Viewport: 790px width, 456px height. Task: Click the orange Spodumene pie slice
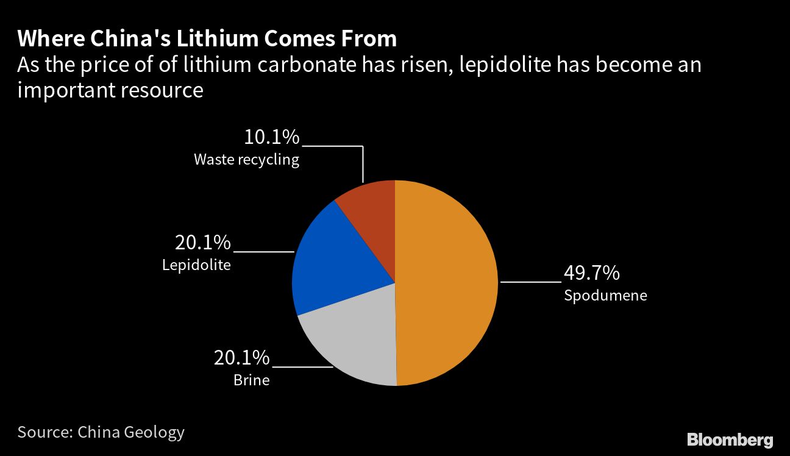(x=448, y=283)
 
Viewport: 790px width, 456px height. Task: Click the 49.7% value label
(x=591, y=273)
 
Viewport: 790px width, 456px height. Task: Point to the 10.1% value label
(x=271, y=137)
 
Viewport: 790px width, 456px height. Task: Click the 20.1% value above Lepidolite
(x=203, y=243)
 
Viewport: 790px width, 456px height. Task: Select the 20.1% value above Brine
(x=241, y=357)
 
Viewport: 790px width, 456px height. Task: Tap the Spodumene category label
(x=605, y=296)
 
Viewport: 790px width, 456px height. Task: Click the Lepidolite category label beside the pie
(x=196, y=265)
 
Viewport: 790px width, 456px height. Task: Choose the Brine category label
(x=251, y=380)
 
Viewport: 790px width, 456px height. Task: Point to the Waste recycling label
(x=246, y=160)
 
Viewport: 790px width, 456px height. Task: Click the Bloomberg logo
(x=730, y=440)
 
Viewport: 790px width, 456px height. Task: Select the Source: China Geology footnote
(x=101, y=432)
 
